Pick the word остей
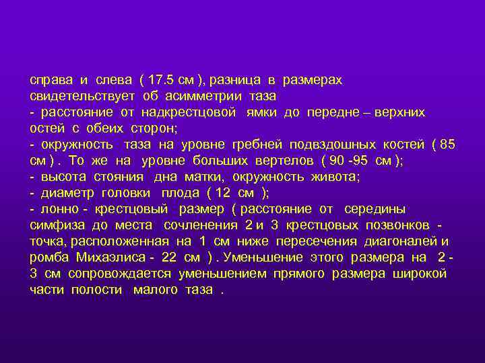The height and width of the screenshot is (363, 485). coord(45,128)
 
